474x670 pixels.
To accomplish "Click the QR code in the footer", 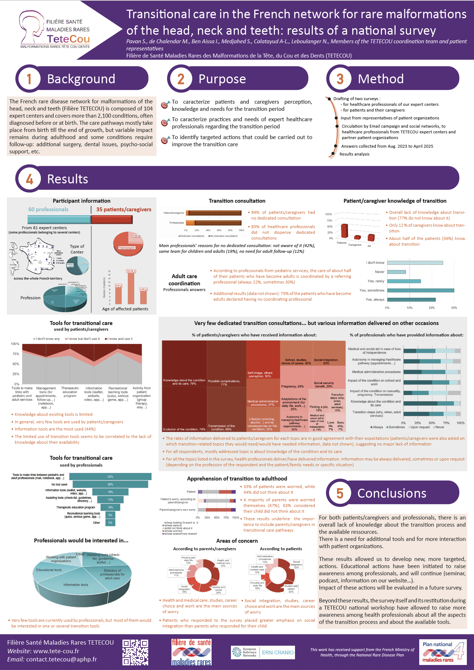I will click(x=135, y=652).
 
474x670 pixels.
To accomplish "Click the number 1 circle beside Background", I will click(x=29, y=79).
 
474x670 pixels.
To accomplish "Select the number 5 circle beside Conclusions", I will click(x=340, y=493).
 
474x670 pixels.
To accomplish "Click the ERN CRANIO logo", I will click(x=263, y=652).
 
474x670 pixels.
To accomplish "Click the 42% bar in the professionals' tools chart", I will click(x=110, y=477).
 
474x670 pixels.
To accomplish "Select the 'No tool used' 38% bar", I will click(x=110, y=484).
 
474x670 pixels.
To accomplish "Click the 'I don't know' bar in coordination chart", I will click(x=415, y=263).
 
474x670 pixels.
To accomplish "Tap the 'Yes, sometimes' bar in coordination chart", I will click(x=420, y=290).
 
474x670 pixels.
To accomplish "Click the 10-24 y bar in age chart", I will click(x=131, y=288).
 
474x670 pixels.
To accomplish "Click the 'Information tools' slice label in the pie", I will click(x=76, y=585).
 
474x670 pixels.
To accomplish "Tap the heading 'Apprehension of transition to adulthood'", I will click(x=237, y=479).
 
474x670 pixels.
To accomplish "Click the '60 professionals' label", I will click(x=48, y=210).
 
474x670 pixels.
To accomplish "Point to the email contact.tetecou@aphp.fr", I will click(x=62, y=659).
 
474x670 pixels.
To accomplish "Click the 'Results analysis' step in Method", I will click(x=354, y=154).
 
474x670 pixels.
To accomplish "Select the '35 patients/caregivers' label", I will click(x=124, y=210).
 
